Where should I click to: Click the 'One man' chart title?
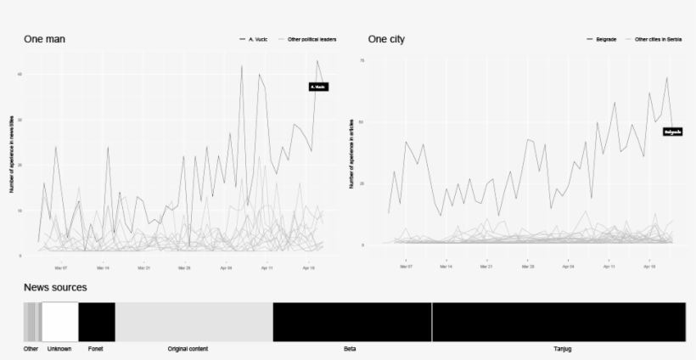44,39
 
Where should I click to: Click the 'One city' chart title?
386,39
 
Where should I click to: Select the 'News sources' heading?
55,288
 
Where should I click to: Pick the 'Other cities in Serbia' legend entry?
658,39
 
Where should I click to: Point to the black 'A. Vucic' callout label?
318,87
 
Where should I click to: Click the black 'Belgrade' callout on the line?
672,132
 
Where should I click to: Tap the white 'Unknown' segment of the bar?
60,323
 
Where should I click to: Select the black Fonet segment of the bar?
97,323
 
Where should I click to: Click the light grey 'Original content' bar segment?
194,323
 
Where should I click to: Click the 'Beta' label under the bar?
350,349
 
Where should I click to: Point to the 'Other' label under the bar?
31,349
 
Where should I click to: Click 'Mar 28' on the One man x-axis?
183,267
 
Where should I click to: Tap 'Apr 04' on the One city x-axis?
566,267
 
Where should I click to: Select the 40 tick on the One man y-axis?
20,74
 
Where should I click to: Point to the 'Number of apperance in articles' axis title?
351,154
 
